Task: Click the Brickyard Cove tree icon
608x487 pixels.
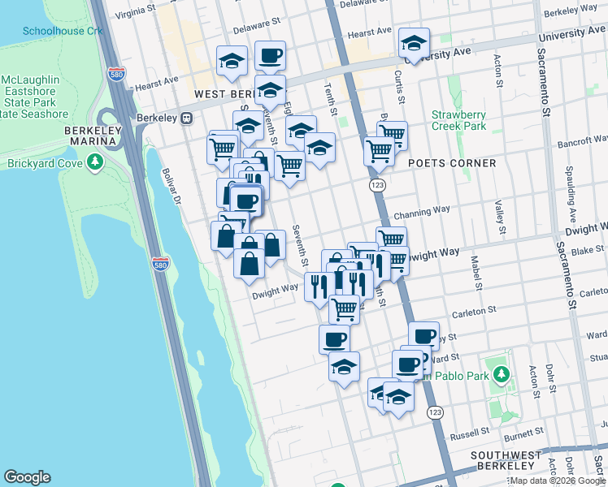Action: pos(97,163)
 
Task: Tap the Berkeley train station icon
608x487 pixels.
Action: pos(187,118)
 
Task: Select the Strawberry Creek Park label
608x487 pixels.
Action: pos(458,120)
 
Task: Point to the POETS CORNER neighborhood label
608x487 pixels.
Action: pos(452,163)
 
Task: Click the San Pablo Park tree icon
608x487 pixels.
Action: pos(502,374)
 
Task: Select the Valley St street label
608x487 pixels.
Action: pos(498,214)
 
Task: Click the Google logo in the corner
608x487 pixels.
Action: pos(27,477)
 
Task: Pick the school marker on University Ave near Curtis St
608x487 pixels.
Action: pos(414,45)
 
